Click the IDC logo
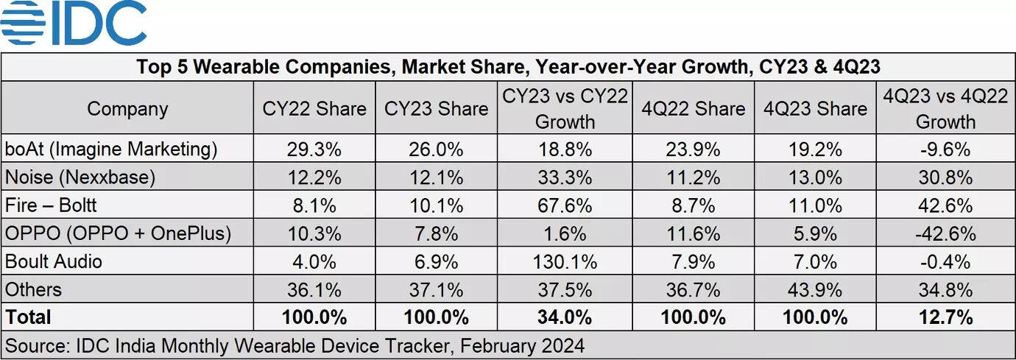[74, 24]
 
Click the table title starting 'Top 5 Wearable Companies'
[507, 67]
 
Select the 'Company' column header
[127, 109]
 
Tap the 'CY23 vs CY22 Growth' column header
[565, 109]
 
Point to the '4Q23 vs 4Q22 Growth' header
[945, 109]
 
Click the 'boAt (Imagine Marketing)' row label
[111, 149]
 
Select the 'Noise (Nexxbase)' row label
[80, 177]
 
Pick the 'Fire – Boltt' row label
[51, 205]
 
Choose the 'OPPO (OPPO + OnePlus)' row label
[118, 233]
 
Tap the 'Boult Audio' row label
[54, 261]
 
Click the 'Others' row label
[33, 289]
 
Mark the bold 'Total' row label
[29, 317]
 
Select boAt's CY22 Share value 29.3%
[314, 149]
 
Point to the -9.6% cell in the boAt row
[945, 149]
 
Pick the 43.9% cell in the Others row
[815, 289]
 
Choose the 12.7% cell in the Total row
[945, 317]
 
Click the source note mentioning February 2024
[294, 345]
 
